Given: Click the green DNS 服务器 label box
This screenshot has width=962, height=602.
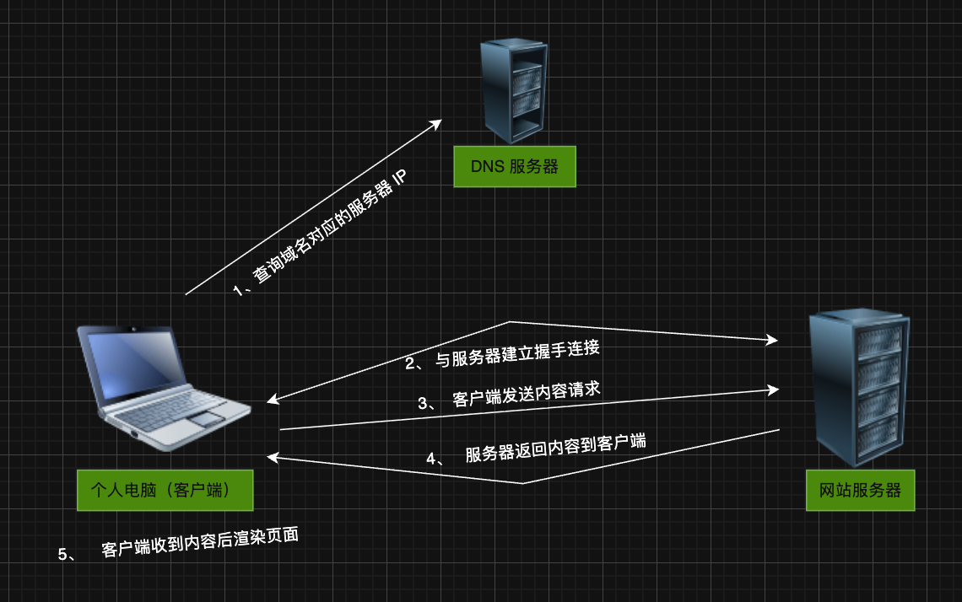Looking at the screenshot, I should point(515,167).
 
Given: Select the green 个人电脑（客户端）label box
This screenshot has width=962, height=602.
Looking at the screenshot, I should point(165,490).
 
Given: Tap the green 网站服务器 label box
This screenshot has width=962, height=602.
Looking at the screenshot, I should point(860,490).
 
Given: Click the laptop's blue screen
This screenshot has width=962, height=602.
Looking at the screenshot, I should point(140,366).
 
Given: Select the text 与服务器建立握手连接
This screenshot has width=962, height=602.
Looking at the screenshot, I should point(517,352).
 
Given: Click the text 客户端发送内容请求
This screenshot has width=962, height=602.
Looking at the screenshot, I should point(527,394).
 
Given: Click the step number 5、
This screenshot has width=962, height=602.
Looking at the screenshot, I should point(67,554).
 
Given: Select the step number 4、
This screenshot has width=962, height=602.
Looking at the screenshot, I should point(435,459).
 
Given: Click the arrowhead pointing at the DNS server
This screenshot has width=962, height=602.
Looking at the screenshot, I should point(436,123).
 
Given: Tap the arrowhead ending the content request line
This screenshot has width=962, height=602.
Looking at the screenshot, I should point(772,390).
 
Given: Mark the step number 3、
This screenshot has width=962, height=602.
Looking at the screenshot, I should point(427,403).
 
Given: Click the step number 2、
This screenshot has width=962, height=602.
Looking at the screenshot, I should point(414,363).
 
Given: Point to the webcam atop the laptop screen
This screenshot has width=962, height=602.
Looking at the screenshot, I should point(131,328).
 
